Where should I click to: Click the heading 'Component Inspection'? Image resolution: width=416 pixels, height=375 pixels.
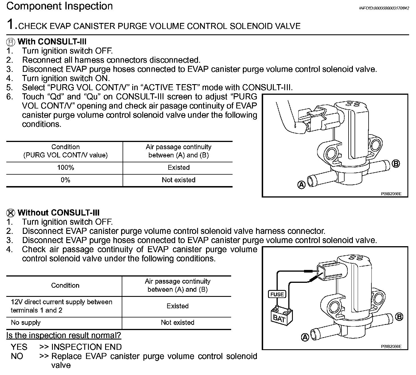(59, 6)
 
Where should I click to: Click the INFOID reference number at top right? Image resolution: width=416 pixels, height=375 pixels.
(384, 8)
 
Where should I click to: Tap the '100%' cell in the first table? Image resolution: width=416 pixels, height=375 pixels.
(65, 168)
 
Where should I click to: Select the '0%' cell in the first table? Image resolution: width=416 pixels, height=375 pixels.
(65, 180)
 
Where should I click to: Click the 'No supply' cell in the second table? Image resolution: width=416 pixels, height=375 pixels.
(26, 323)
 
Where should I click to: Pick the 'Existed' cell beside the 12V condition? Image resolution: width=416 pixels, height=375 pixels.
(177, 306)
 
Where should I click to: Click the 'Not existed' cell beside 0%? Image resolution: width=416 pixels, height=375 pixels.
(179, 180)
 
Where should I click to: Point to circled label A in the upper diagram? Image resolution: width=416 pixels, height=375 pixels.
(301, 185)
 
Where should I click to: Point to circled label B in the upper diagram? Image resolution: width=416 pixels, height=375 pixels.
(396, 164)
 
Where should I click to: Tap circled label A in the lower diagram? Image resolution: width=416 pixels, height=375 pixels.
(305, 338)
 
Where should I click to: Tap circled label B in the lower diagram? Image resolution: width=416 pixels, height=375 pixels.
(399, 317)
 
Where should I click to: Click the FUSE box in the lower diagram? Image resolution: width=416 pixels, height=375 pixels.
(277, 294)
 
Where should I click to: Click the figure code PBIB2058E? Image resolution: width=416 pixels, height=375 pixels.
(391, 194)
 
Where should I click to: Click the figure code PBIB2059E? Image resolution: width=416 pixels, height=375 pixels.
(391, 346)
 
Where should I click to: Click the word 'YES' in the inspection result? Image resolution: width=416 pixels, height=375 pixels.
(19, 347)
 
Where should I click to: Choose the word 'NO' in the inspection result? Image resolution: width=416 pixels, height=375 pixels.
(17, 356)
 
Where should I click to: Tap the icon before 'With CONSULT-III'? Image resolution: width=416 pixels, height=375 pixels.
(11, 42)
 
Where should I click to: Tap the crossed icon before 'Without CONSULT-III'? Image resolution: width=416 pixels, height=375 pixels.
(11, 213)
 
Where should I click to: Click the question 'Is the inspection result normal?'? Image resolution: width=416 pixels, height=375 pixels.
(64, 335)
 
